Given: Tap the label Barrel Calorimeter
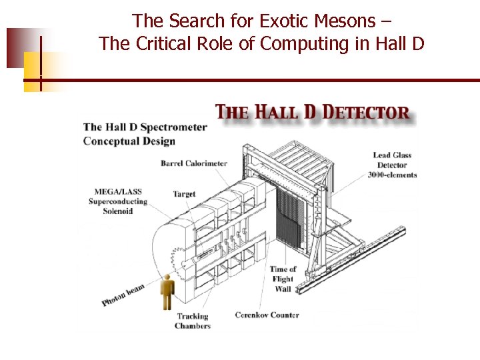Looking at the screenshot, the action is click(x=194, y=163).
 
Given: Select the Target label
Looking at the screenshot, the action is click(x=184, y=194).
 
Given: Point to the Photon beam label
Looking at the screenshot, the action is click(x=123, y=295).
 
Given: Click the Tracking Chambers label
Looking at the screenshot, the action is click(x=192, y=321).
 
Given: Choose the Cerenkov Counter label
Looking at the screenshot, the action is click(x=267, y=315).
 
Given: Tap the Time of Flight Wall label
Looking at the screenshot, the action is click(x=283, y=279).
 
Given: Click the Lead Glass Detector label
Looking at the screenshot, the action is click(x=392, y=160).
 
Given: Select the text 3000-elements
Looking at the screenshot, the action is click(x=392, y=175).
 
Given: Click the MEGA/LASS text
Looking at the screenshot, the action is click(x=118, y=192).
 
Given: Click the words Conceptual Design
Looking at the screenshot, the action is click(x=129, y=141).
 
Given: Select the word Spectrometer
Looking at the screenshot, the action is click(x=173, y=127).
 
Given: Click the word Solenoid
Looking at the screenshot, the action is click(x=117, y=211).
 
